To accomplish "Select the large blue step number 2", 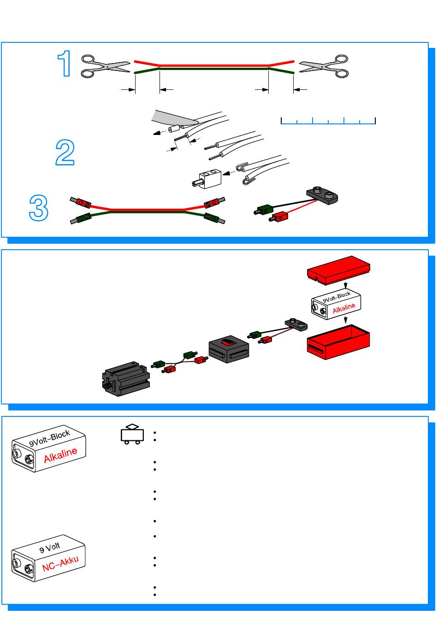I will (x=65, y=153).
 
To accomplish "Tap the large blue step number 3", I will (x=39, y=208).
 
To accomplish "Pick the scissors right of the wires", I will (x=324, y=66).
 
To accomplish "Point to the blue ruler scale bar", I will (x=328, y=121).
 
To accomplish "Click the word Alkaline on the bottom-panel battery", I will (x=61, y=455).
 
